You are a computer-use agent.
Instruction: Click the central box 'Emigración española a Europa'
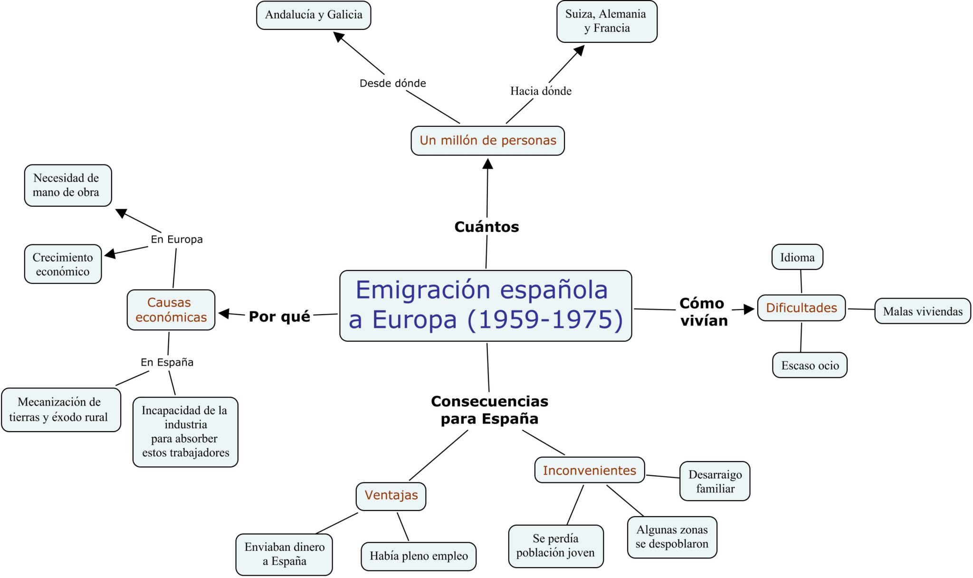coord(486,306)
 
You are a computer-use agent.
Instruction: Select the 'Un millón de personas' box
coord(487,141)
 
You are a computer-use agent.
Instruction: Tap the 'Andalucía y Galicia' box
coord(314,15)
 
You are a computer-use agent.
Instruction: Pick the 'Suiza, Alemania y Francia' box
coord(606,21)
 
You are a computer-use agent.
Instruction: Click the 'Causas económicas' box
coord(171,310)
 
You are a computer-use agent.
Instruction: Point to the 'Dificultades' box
coord(801,308)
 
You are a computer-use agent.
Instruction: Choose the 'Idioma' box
coord(797,257)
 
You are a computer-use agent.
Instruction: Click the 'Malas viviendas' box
coord(923,311)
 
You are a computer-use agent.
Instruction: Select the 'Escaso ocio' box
coord(810,365)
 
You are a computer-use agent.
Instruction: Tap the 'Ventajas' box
coord(391,496)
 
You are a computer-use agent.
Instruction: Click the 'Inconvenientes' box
coord(589,471)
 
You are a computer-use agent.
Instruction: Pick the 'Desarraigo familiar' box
coord(715,481)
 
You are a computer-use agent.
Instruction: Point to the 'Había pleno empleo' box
coord(419,556)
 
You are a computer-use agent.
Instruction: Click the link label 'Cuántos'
coord(486,227)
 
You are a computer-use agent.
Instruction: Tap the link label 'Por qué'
coord(279,317)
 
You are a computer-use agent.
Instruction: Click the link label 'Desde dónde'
coord(392,83)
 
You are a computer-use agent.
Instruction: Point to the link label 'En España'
coord(167,362)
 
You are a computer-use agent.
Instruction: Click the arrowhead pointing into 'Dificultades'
coord(749,309)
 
